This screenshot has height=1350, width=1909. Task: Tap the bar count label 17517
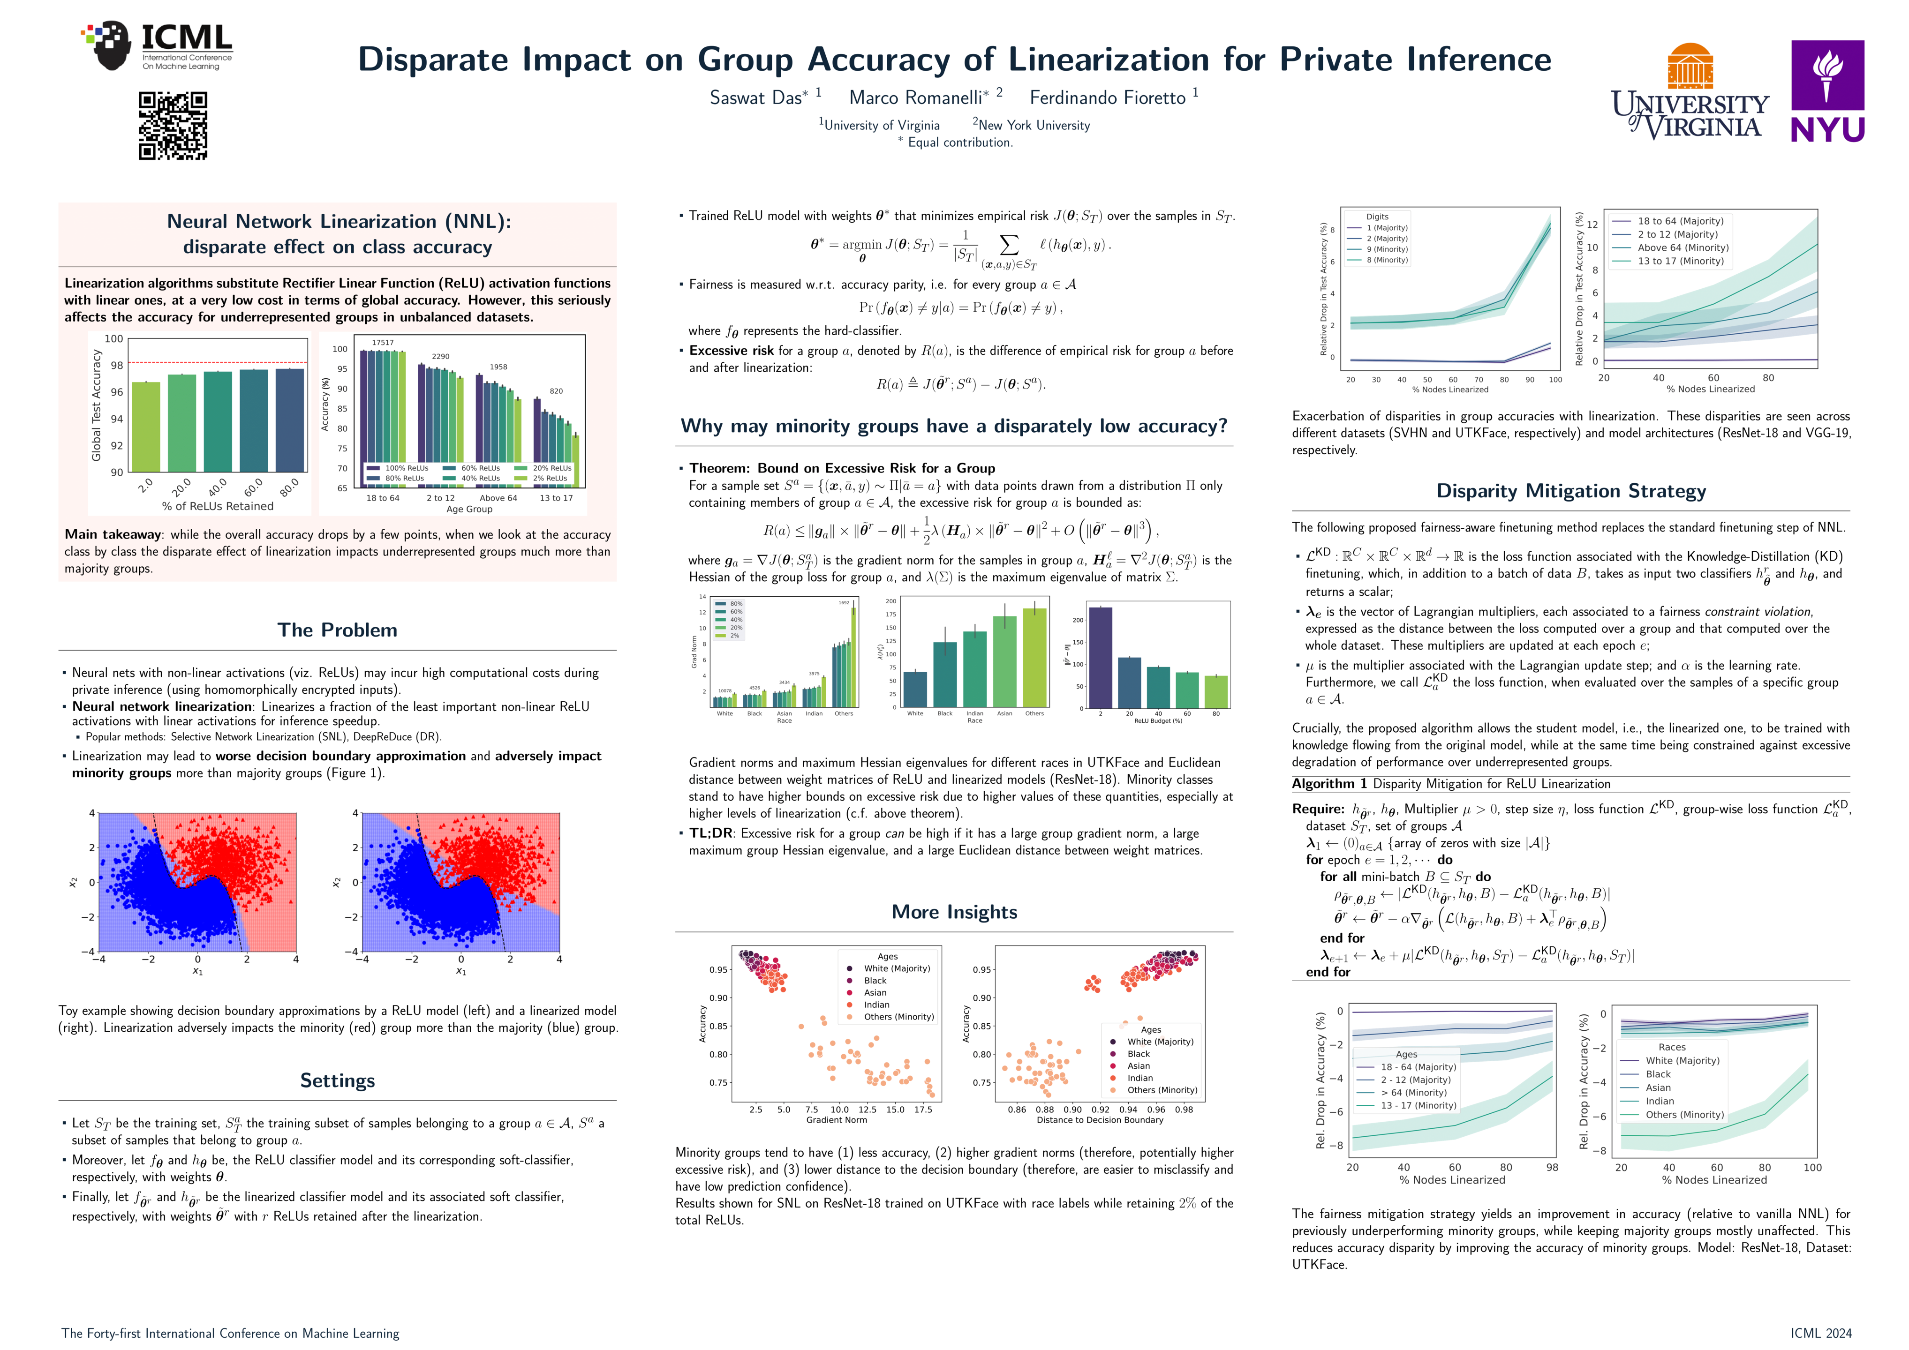[x=383, y=343]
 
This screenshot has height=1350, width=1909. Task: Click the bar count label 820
[x=556, y=390]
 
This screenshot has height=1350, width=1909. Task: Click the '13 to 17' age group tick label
[x=556, y=498]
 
